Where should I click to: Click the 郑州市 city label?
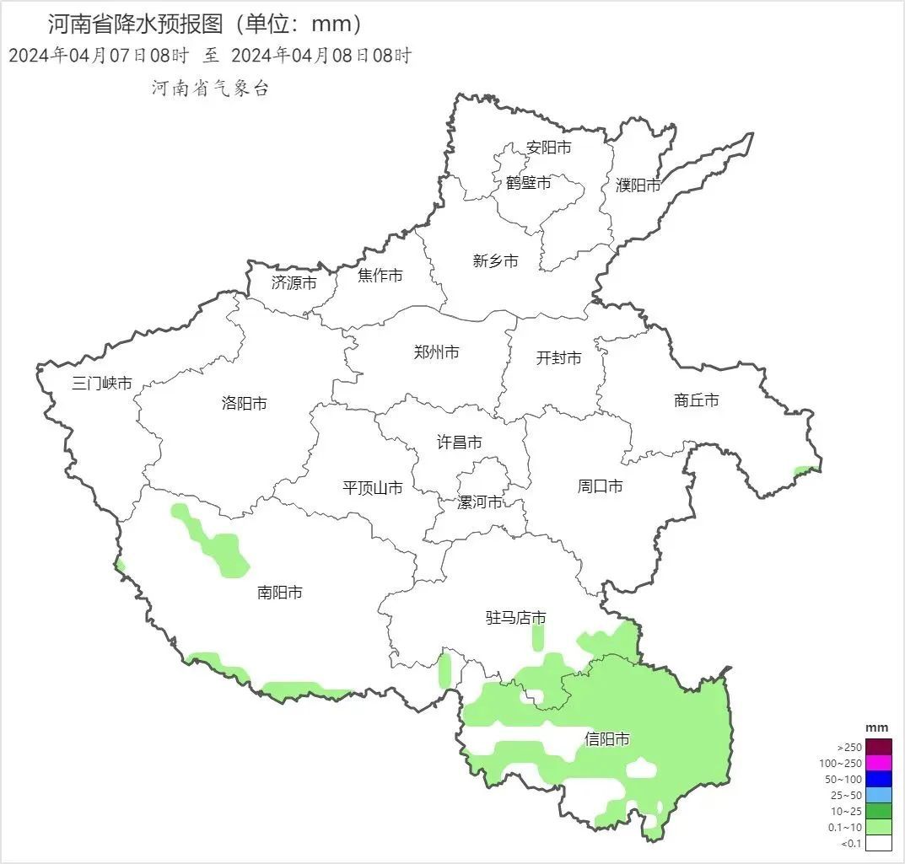tap(436, 352)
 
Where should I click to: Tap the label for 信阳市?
tap(606, 739)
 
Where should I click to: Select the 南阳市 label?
tap(279, 593)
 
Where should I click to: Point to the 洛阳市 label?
tap(244, 403)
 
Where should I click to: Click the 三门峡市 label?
tap(101, 384)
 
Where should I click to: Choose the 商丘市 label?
tap(696, 400)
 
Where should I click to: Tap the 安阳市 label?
tap(548, 148)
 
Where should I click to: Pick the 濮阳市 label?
tap(638, 185)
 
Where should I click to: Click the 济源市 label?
tap(294, 283)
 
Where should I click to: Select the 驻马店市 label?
tap(515, 618)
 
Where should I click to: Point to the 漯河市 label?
tap(479, 502)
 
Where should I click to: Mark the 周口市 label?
tap(600, 486)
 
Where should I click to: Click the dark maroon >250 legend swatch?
tap(878, 747)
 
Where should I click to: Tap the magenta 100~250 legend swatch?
tap(878, 763)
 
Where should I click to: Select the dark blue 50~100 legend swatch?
tap(878, 779)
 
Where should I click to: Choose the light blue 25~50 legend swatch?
tap(878, 795)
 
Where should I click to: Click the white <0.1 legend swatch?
tap(878, 842)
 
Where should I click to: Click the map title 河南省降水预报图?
tap(135, 24)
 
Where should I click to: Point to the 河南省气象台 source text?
tap(210, 89)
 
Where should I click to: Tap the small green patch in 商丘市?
tap(805, 470)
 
